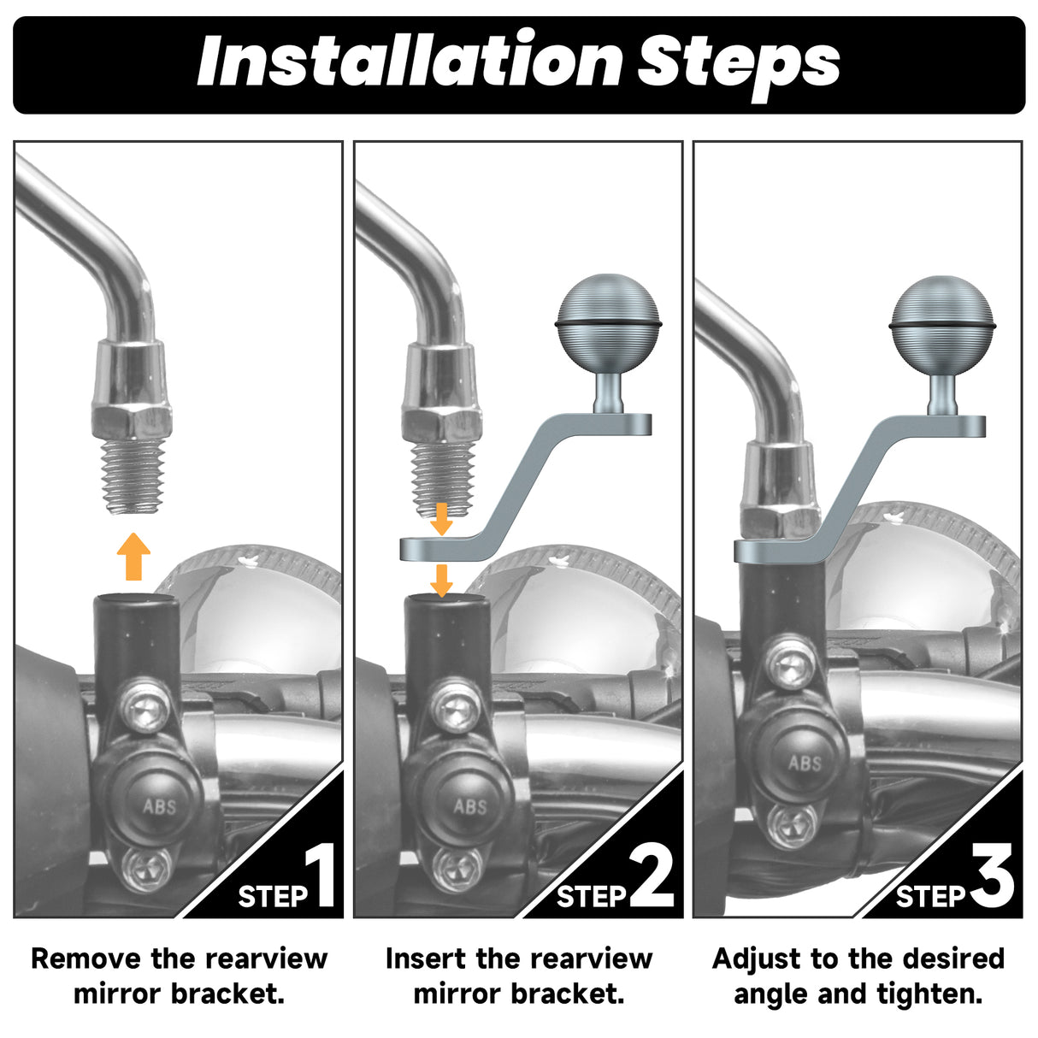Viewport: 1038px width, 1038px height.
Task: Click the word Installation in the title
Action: [410, 61]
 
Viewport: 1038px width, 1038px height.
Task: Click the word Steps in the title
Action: [739, 65]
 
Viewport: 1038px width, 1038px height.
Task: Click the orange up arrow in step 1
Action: [133, 557]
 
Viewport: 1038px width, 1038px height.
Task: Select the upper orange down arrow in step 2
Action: [442, 519]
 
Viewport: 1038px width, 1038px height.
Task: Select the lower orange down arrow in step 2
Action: [442, 581]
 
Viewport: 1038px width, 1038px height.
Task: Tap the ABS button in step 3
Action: [805, 762]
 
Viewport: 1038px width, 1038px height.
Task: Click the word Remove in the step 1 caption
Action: [86, 959]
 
